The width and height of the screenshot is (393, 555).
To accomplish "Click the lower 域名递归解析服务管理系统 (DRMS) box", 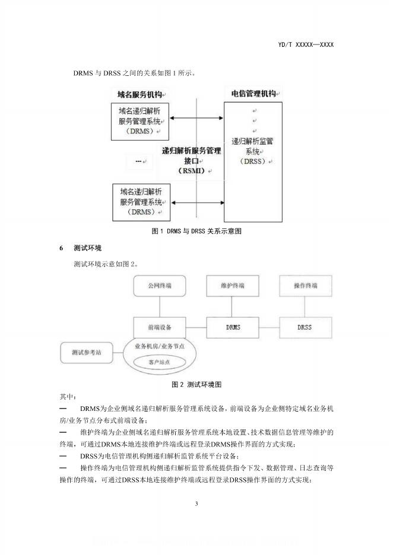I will (x=142, y=202).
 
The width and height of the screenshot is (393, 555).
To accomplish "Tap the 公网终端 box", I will (x=160, y=286).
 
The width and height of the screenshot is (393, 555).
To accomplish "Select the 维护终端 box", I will (x=233, y=286).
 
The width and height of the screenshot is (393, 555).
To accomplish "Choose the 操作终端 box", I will (x=306, y=286).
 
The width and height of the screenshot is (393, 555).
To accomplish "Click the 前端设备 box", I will (x=160, y=327).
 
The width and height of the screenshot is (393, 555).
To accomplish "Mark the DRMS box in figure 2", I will (x=233, y=327).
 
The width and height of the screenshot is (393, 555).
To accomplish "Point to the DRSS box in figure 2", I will (x=306, y=327).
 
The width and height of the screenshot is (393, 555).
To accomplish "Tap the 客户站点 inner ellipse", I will (x=160, y=361).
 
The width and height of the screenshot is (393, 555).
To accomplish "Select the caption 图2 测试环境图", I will (x=196, y=384).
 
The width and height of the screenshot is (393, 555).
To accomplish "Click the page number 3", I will (x=196, y=504).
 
